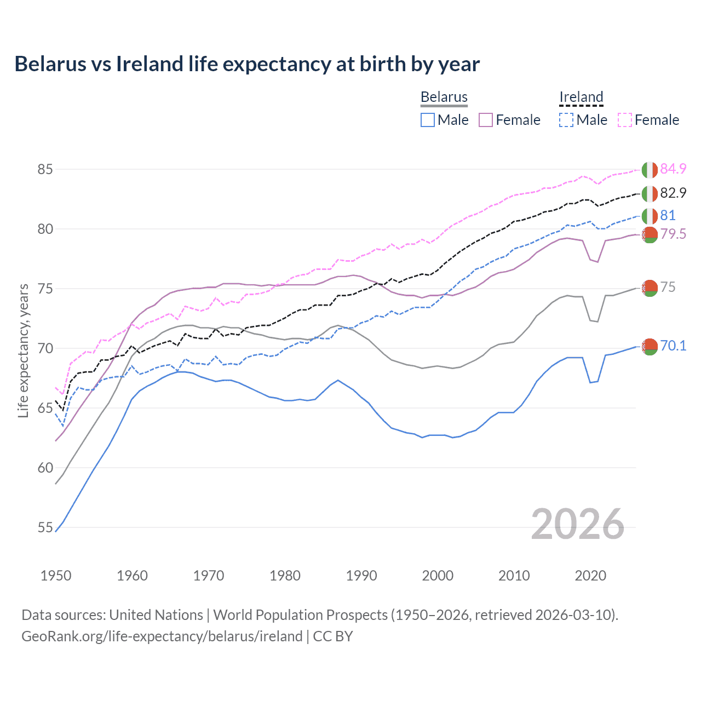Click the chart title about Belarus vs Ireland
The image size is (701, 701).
[x=247, y=64]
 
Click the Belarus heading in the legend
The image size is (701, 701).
[x=444, y=97]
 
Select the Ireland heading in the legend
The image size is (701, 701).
[x=581, y=97]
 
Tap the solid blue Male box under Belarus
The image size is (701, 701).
[x=428, y=120]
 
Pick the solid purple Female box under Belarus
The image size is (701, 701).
[x=486, y=120]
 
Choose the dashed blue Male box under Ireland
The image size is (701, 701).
[x=566, y=120]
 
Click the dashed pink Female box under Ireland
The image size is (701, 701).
[x=625, y=120]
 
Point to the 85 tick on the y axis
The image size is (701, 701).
[x=45, y=169]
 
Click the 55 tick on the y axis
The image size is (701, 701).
[x=45, y=527]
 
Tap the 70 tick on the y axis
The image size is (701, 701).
[x=45, y=348]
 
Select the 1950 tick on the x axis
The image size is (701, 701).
[x=56, y=576]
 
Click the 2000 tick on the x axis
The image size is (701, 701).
[x=438, y=576]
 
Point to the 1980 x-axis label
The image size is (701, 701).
[x=285, y=576]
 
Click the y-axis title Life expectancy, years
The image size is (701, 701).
[x=24, y=350]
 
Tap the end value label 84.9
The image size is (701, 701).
[x=673, y=169]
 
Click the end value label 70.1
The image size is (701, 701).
[x=673, y=346]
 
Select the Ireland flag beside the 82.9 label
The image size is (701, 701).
[x=650, y=193]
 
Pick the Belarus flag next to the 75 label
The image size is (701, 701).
[x=650, y=288]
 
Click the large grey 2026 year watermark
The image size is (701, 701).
[x=578, y=524]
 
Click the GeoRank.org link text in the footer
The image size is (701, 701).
[x=162, y=636]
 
